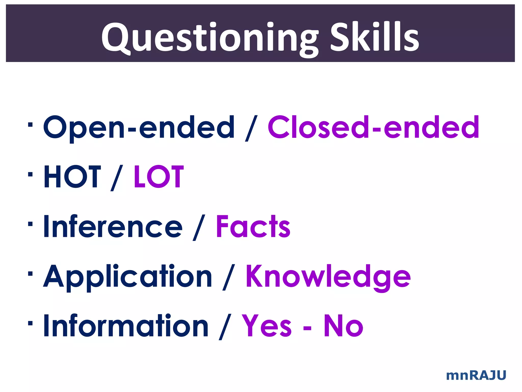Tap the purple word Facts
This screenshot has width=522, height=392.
pos(253,226)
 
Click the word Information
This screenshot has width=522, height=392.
pos(126,326)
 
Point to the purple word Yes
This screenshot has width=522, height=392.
pos(266,326)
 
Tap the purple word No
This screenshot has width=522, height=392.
pos(343,326)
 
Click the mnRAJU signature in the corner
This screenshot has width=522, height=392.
pos(476,375)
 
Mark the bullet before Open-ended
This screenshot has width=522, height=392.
pos(30,125)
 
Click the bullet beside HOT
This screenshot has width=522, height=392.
pos(30,175)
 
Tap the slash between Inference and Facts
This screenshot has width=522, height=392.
pos(199,227)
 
